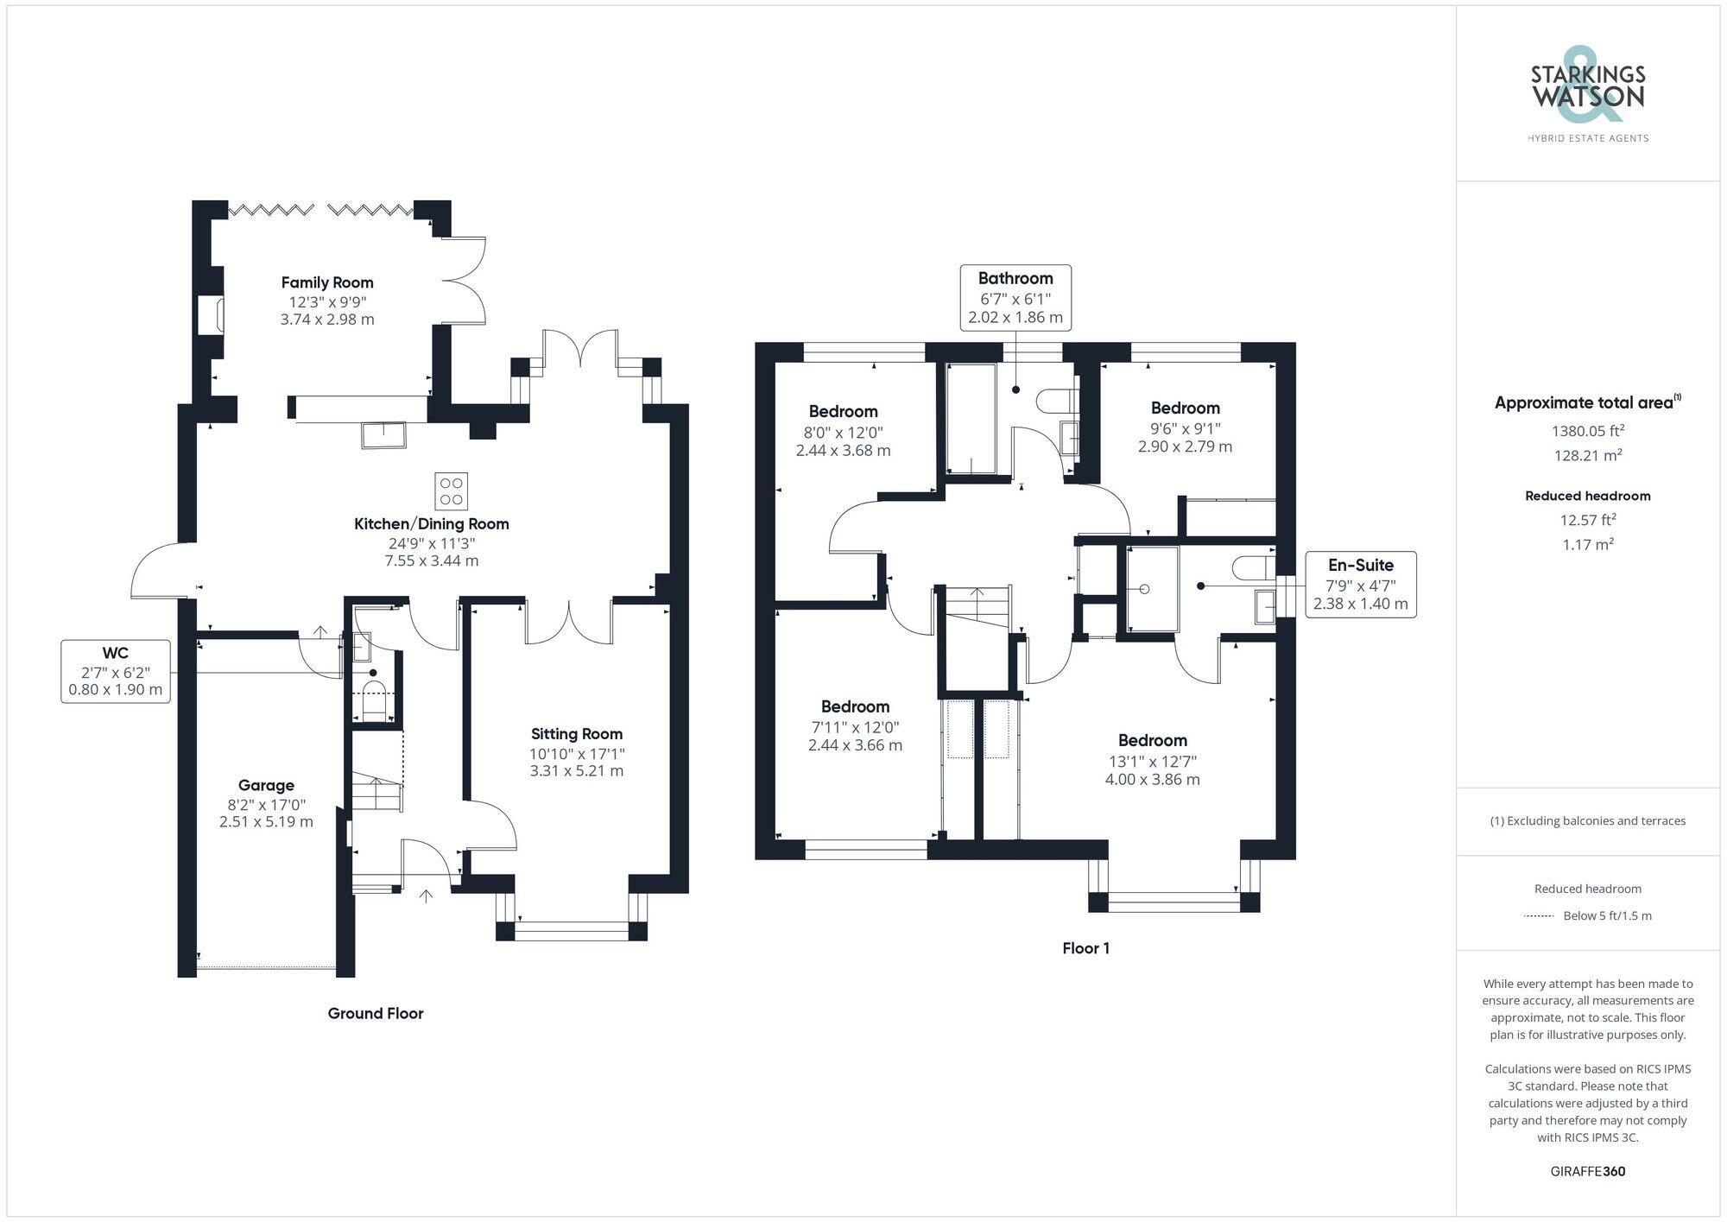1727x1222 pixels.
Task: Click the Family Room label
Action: coord(327,282)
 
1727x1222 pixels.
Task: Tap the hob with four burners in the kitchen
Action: coord(451,491)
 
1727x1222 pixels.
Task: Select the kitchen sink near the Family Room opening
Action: coord(383,434)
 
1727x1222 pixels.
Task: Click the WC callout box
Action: coord(116,671)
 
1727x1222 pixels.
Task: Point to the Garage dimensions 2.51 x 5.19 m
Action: coord(266,821)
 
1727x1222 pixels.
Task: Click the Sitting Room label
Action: coord(576,734)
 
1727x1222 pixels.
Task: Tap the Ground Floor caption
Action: coord(375,1013)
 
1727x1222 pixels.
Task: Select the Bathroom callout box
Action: coord(1015,297)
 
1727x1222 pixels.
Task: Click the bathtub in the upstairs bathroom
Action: coord(971,419)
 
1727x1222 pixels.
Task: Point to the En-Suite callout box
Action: coord(1360,584)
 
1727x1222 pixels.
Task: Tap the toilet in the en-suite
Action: coord(1251,567)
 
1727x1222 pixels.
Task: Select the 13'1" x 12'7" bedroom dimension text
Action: coord(1152,762)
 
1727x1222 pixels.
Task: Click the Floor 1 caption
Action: coord(1085,948)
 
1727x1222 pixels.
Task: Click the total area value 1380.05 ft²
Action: coord(1588,431)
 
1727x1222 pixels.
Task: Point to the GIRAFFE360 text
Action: coord(1587,1172)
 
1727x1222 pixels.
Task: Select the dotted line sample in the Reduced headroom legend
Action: coord(1539,916)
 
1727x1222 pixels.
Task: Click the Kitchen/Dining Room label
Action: coord(431,524)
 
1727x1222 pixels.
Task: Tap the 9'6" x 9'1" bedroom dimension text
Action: coord(1185,428)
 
